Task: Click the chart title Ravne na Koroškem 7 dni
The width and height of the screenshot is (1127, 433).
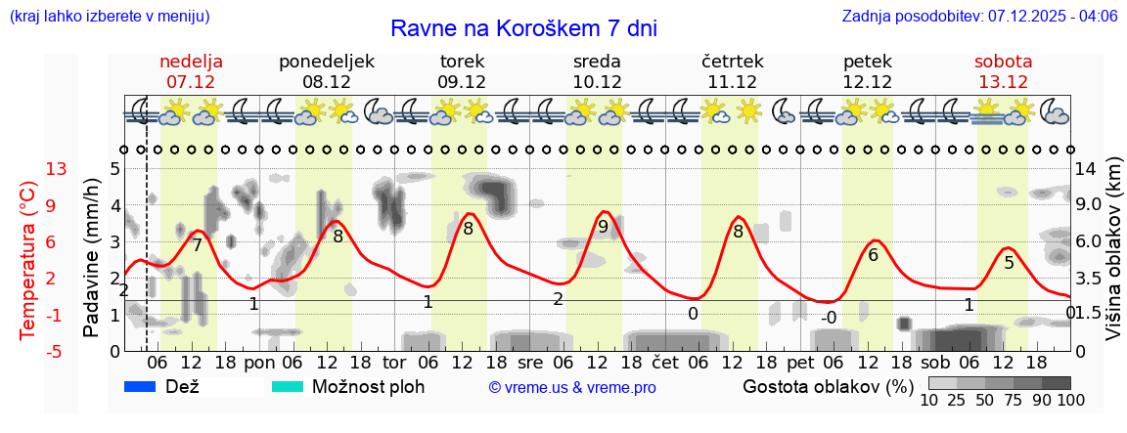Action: pyautogui.click(x=523, y=27)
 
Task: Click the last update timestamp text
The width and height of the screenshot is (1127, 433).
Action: pyautogui.click(x=979, y=16)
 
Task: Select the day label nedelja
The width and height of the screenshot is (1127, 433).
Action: pyautogui.click(x=192, y=61)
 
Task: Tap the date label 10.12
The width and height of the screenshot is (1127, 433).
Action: pyautogui.click(x=597, y=82)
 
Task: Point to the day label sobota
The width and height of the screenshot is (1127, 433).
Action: pyautogui.click(x=1003, y=61)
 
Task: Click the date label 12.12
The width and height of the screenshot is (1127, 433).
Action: pyautogui.click(x=868, y=82)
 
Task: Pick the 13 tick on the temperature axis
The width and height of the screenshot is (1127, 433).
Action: pyautogui.click(x=57, y=169)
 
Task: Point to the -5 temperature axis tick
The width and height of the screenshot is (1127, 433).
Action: pyautogui.click(x=55, y=351)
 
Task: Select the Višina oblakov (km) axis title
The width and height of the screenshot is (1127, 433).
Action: pyautogui.click(x=1113, y=250)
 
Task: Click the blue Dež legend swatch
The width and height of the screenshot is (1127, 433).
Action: pyautogui.click(x=140, y=386)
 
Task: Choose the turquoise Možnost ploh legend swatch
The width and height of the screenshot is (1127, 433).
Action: pyautogui.click(x=287, y=386)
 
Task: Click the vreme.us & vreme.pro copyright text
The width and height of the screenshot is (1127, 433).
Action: pyautogui.click(x=572, y=387)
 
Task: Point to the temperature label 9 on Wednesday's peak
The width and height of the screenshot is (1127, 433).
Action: pyautogui.click(x=603, y=227)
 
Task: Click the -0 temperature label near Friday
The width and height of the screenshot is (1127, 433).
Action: pyautogui.click(x=828, y=318)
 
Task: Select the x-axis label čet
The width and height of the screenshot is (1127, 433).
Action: pyautogui.click(x=666, y=363)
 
